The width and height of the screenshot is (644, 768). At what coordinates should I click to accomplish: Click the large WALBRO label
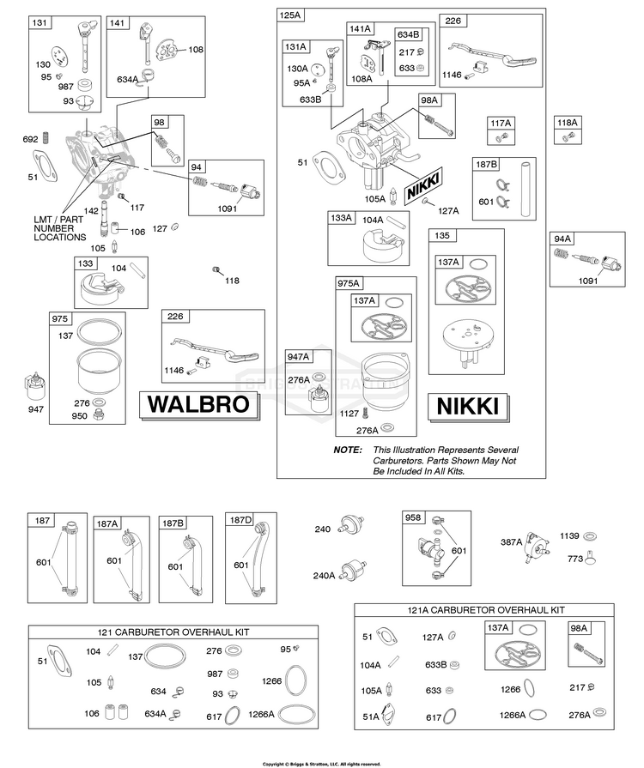tap(198, 404)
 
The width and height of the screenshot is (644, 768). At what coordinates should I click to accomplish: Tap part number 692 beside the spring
tap(30, 139)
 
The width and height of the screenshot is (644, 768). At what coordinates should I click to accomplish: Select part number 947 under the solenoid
tap(36, 409)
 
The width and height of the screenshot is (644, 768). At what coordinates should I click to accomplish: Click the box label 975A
tap(349, 283)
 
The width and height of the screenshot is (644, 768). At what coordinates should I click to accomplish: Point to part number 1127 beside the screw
tap(349, 414)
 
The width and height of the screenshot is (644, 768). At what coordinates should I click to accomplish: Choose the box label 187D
tap(240, 520)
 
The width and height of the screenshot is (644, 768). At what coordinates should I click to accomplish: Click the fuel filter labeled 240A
tap(354, 568)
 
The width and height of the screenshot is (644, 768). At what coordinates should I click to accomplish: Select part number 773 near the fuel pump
tap(575, 559)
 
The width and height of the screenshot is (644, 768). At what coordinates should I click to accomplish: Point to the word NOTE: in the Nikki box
tap(348, 450)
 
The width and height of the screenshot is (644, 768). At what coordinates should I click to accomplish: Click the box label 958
tap(413, 517)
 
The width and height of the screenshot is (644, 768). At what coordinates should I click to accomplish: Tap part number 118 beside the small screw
tap(232, 280)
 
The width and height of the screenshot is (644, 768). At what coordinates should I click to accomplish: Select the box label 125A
tap(289, 15)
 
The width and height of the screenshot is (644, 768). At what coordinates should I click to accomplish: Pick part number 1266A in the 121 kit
tap(261, 714)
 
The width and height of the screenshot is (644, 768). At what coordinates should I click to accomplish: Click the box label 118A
tap(568, 123)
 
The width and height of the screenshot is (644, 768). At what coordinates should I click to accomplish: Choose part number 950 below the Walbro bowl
tap(79, 416)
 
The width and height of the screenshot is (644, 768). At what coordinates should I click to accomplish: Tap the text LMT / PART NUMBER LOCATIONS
tap(59, 228)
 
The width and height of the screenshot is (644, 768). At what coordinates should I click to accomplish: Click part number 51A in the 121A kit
tap(371, 717)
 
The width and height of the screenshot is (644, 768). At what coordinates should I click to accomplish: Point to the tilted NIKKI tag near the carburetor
tap(423, 185)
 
